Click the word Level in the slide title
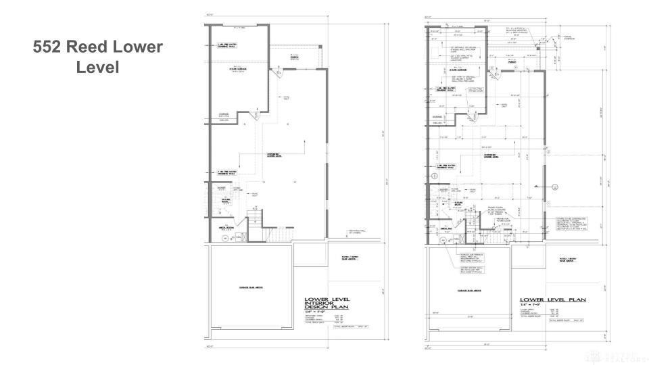coord(97,68)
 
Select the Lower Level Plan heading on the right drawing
coord(552,299)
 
